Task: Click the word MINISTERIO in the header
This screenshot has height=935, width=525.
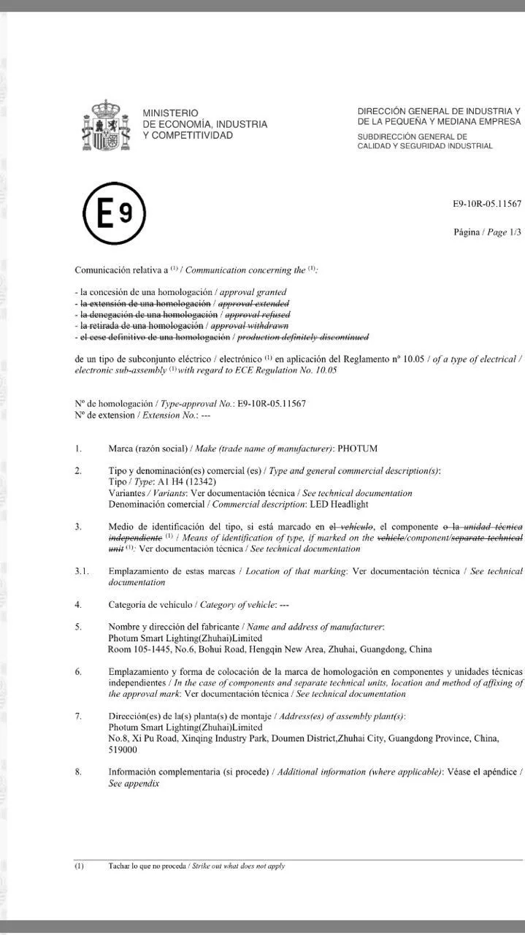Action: click(170, 113)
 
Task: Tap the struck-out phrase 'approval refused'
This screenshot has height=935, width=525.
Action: click(257, 314)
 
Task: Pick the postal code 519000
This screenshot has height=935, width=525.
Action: click(123, 749)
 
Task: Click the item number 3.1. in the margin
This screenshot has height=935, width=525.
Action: click(82, 570)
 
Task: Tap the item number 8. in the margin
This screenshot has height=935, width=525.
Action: click(78, 771)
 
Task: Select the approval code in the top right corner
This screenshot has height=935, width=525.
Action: click(487, 204)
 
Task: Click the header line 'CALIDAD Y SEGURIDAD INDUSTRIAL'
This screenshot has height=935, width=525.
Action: click(425, 146)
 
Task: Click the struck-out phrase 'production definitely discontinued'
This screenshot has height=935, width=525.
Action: click(303, 337)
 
